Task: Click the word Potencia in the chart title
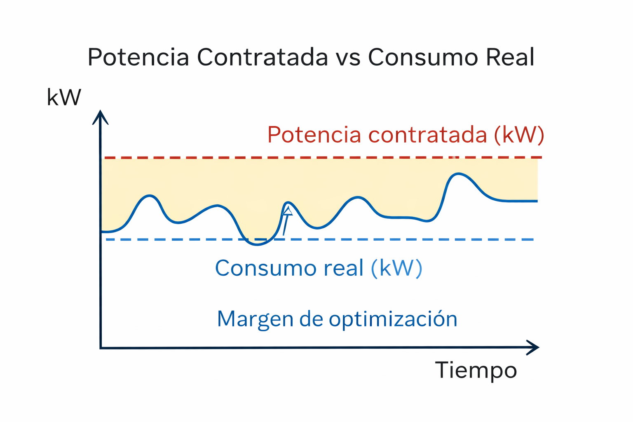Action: [x=138, y=57]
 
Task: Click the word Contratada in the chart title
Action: [x=263, y=57]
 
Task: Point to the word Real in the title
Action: [x=510, y=57]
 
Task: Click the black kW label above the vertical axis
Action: [x=64, y=98]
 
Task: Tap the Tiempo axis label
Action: [x=476, y=370]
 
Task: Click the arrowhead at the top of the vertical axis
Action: [x=100, y=117]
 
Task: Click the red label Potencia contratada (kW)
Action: [x=406, y=135]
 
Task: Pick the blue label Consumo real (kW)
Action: [x=319, y=268]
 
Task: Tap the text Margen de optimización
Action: [x=337, y=319]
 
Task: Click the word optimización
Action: [x=393, y=319]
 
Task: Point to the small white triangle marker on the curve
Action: [x=288, y=212]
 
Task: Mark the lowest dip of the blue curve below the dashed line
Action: [x=257, y=244]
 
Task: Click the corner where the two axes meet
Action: [x=101, y=348]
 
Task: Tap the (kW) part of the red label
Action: [x=519, y=135]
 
